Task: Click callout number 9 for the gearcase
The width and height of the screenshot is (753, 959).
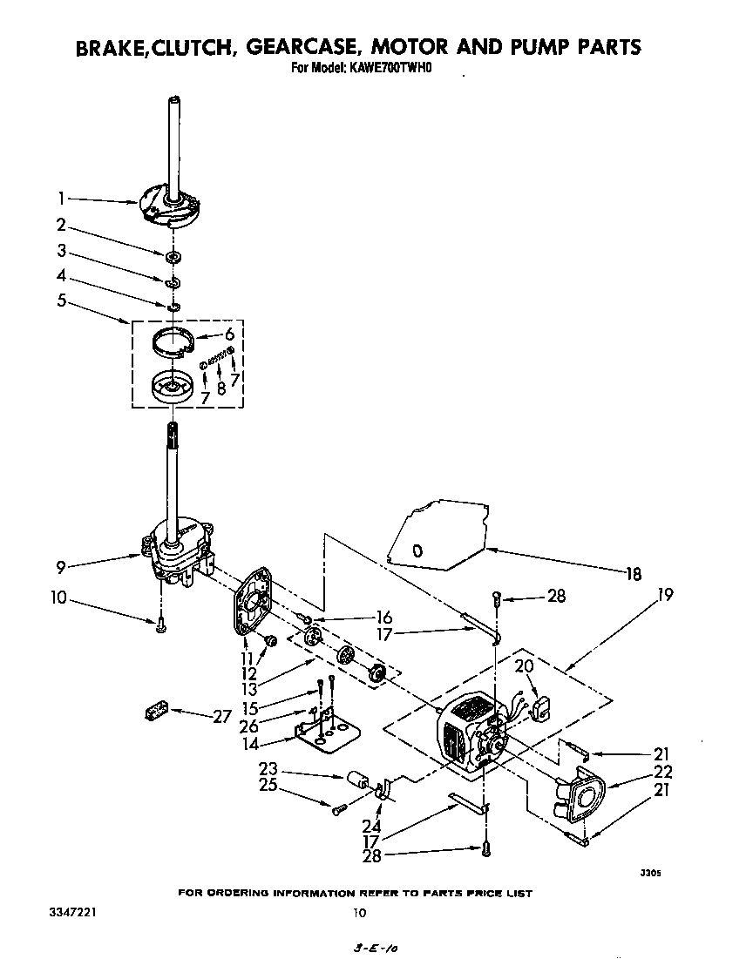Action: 60,568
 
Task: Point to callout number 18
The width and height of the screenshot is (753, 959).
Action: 634,573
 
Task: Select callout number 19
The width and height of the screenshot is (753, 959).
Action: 666,596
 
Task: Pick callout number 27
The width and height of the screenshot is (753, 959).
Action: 221,716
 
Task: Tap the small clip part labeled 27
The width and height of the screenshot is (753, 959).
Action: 154,712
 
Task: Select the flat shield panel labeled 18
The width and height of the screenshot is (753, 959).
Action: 435,537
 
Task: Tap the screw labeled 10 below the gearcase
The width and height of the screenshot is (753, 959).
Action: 161,623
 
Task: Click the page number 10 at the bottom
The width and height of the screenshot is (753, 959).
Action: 358,913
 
